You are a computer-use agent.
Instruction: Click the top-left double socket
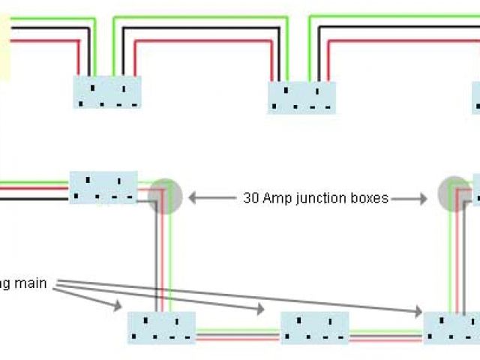107,92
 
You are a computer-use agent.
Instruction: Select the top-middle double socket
302,97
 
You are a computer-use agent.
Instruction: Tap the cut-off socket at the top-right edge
476,98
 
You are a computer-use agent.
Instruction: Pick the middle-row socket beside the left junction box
103,187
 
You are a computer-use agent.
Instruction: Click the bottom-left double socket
161,328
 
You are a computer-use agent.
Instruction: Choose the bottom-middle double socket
315,328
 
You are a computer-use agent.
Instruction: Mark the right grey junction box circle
454,193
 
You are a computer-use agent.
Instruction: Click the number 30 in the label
251,199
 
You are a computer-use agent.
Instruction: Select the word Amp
275,199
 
